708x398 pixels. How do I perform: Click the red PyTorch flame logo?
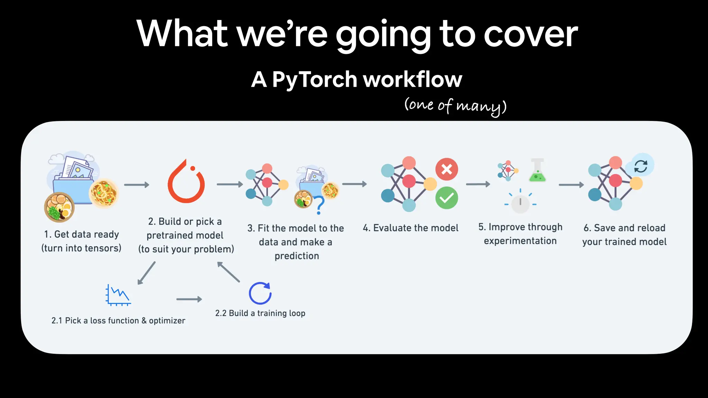pos(186,182)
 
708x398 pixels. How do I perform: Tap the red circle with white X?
pos(447,169)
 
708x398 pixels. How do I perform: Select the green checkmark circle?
pos(447,198)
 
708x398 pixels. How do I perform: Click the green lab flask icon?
pos(537,171)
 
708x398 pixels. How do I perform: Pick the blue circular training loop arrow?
pos(260,293)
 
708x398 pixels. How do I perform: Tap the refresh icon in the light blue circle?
pos(641,166)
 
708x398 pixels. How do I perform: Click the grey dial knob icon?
pos(520,203)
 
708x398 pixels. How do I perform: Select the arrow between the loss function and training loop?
pos(189,299)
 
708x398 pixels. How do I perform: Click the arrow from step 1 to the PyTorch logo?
pos(137,185)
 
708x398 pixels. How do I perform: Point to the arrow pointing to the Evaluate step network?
pos(354,184)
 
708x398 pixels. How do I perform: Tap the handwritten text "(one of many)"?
pos(455,105)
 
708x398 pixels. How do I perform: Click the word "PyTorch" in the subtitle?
pos(315,79)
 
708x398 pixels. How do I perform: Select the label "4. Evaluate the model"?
pos(410,228)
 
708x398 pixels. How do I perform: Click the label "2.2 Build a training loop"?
pos(260,313)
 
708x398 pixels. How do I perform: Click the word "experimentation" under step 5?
pos(520,241)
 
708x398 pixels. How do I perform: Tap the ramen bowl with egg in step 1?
pos(59,207)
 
